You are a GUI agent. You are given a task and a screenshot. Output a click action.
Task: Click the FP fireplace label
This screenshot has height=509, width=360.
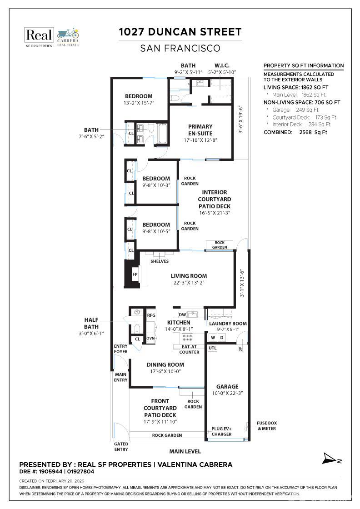(x=135, y=274)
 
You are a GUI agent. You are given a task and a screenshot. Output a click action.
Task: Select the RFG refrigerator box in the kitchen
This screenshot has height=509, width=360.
(x=151, y=315)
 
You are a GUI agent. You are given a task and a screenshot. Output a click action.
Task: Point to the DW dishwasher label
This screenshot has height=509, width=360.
(x=182, y=314)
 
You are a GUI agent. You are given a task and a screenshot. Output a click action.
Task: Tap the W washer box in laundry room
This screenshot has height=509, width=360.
(x=213, y=338)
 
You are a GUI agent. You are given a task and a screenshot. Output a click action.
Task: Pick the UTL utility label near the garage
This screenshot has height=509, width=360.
(x=212, y=348)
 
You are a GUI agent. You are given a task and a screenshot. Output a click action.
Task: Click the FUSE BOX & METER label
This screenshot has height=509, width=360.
(x=267, y=425)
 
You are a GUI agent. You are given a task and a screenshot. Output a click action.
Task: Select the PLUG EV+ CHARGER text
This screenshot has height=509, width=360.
(x=222, y=431)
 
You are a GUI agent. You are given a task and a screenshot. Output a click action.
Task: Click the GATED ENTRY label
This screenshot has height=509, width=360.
(x=121, y=447)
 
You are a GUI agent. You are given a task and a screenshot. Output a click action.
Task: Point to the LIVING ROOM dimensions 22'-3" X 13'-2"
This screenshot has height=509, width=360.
(x=189, y=283)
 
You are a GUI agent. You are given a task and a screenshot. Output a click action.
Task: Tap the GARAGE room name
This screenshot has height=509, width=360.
(x=227, y=387)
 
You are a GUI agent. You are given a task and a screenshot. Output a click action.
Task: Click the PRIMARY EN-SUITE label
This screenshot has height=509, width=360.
(x=200, y=130)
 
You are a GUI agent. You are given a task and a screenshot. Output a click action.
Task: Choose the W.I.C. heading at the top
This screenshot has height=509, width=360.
(x=222, y=65)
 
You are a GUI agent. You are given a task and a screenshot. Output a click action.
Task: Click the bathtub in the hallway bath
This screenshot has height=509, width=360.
(x=162, y=133)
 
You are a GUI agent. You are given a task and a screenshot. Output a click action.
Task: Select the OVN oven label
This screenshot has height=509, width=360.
(x=150, y=338)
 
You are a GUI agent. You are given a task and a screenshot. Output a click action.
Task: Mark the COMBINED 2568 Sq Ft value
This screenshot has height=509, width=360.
(x=313, y=132)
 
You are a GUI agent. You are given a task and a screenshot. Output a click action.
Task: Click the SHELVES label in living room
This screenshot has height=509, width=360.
(x=160, y=261)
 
